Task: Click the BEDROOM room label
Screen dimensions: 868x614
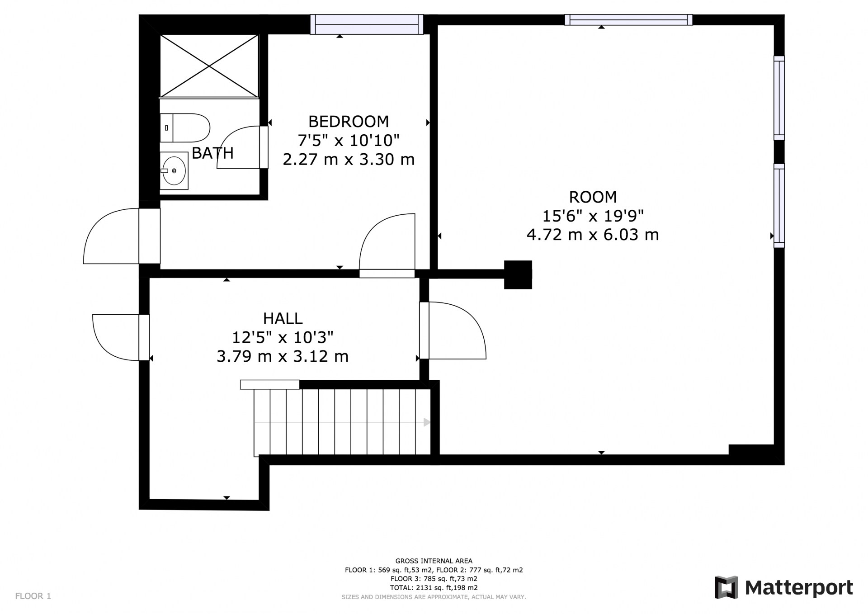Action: [x=348, y=122]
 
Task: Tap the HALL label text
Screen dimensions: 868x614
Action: [x=283, y=319]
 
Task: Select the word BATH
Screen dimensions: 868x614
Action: [x=212, y=153]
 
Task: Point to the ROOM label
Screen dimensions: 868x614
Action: [x=593, y=197]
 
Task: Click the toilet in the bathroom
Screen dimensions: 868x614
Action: [x=185, y=128]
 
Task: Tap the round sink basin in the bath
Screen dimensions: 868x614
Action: [x=174, y=171]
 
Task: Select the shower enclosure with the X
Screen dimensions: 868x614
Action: [x=209, y=66]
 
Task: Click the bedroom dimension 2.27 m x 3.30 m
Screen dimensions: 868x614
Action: [x=349, y=160]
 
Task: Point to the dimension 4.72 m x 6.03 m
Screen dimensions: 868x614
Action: [x=593, y=235]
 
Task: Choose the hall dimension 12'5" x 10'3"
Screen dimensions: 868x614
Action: [x=283, y=337]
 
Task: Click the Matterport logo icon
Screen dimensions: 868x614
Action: [x=726, y=587]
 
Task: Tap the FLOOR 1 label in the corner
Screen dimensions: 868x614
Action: [x=33, y=596]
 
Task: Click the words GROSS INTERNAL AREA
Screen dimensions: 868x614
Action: [x=434, y=561]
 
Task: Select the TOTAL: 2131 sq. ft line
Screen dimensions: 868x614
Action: [x=434, y=588]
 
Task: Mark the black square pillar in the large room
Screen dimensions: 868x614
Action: [x=518, y=274]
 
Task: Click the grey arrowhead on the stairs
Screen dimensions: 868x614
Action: [x=427, y=422]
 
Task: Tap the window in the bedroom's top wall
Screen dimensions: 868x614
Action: [x=367, y=24]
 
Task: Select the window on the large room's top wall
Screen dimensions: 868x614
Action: [x=628, y=20]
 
